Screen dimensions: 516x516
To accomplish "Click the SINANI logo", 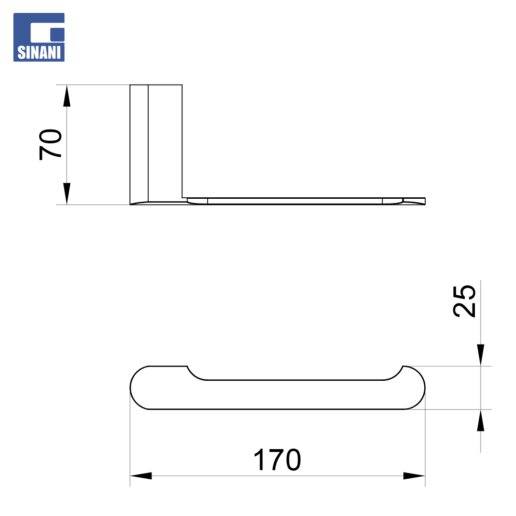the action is [x=39, y=37].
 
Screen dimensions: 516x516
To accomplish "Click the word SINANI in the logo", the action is [x=39, y=53].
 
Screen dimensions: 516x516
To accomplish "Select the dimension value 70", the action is [x=50, y=144].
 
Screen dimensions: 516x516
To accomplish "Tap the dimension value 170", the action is [x=277, y=460].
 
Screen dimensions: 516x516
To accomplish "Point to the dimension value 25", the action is [x=464, y=301].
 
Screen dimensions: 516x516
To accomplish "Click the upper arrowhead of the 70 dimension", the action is [x=67, y=96].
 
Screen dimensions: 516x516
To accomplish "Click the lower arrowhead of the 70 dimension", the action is [x=67, y=193].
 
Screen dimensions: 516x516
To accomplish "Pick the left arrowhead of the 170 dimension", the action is [x=141, y=475].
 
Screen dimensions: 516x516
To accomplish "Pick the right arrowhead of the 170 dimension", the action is [x=414, y=475].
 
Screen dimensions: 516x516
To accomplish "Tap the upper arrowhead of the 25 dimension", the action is [x=481, y=355].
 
